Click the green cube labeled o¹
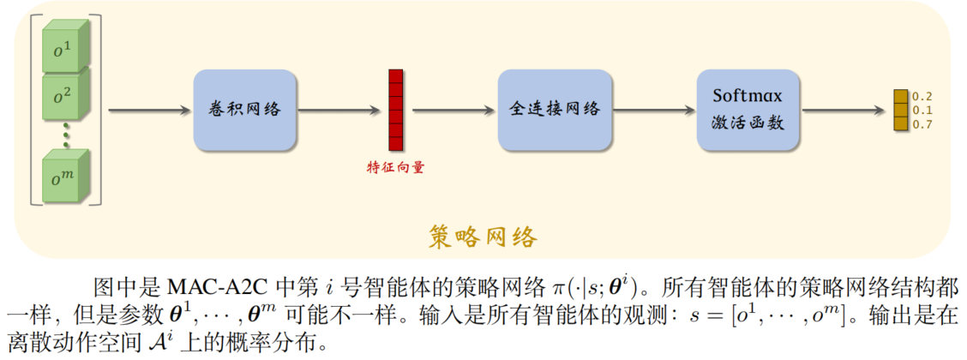[65, 51]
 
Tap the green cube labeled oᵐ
[65, 177]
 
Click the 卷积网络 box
[245, 110]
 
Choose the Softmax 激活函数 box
[749, 110]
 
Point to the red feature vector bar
[395, 110]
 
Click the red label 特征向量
[395, 168]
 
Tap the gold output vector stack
[900, 110]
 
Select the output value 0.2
[922, 96]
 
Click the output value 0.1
[922, 110]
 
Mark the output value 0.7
[922, 124]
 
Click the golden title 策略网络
[483, 236]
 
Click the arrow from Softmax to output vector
[845, 110]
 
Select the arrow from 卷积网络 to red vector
[339, 110]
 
